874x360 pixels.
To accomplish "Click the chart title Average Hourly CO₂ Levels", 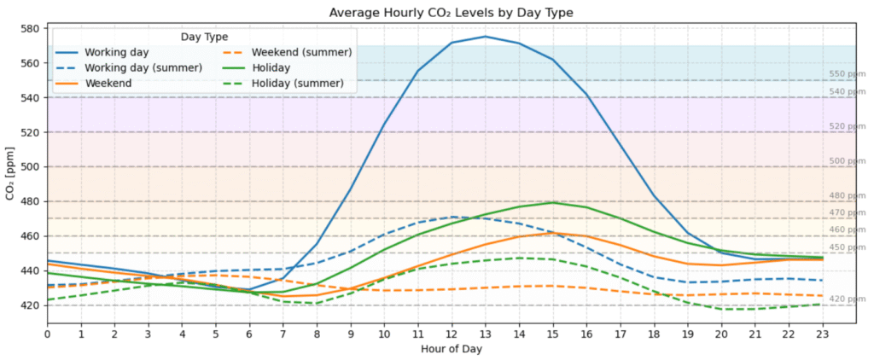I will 451,12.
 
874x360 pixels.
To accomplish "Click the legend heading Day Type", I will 204,37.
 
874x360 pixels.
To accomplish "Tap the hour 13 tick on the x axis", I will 485,334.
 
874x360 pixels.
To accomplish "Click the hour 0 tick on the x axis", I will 47,334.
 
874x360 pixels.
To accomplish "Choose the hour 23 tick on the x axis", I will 822,334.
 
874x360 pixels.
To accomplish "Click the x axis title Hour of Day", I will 451,349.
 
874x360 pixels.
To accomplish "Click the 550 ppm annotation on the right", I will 847,74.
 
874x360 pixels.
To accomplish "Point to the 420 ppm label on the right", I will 847,299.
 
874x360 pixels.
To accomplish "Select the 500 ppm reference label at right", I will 847,161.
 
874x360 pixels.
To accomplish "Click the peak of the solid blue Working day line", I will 485,37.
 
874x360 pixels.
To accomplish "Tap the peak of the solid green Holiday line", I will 552,202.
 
